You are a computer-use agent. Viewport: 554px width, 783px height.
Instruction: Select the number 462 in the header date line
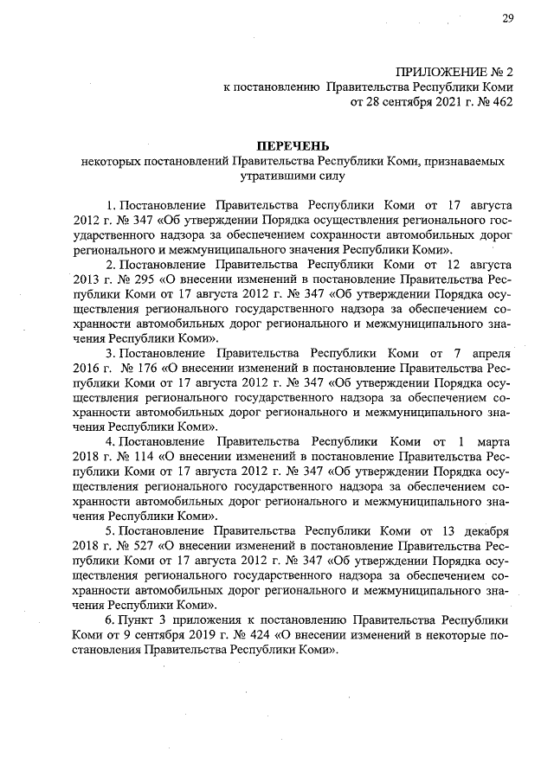[501, 103]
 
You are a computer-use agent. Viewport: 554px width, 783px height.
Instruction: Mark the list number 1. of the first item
[111, 207]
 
